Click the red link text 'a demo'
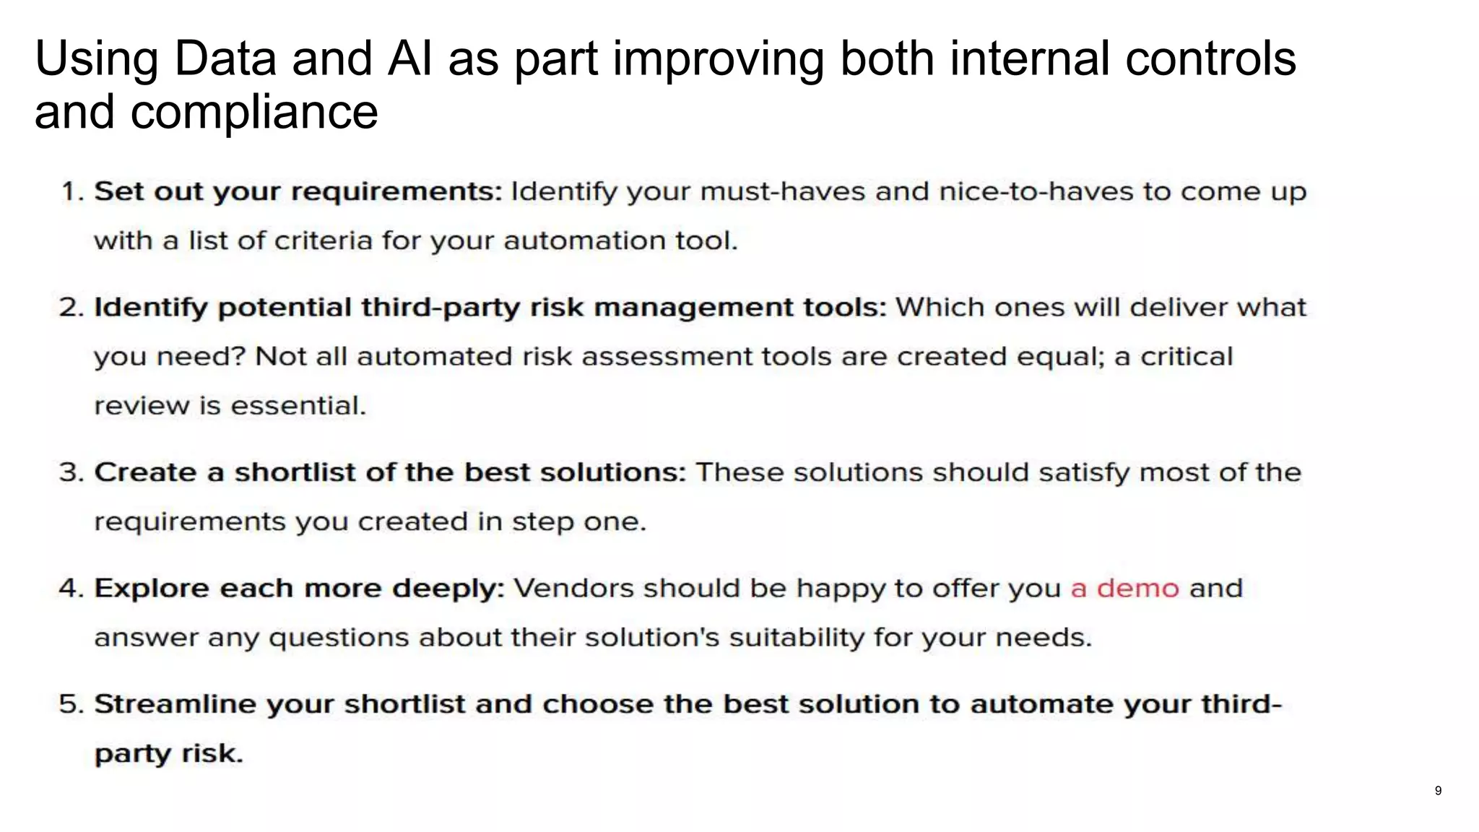pos(1124,589)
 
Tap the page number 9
pos(1438,791)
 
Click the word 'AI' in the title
pos(409,58)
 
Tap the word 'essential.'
pos(298,406)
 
